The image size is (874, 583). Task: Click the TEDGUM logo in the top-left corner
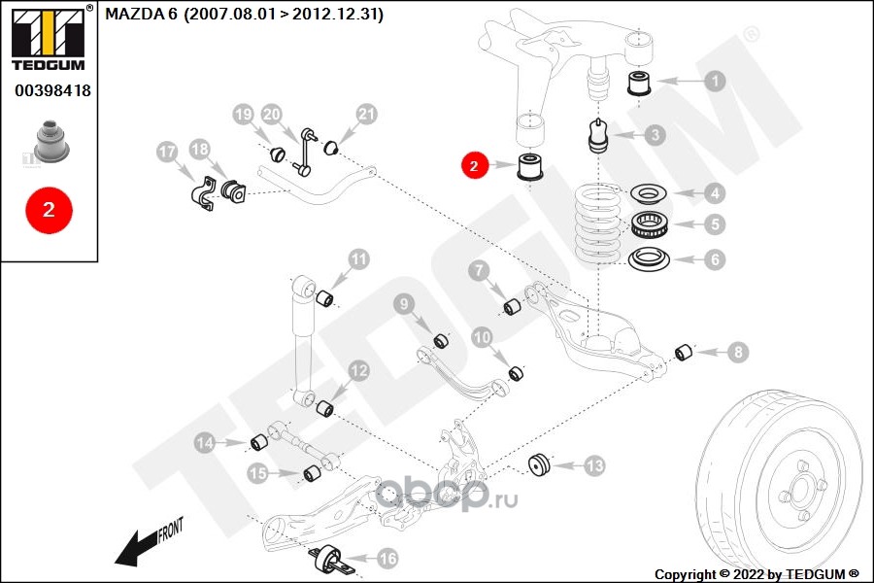click(49, 38)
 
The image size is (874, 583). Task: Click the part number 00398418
click(53, 90)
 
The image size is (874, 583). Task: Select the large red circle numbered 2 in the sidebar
click(50, 210)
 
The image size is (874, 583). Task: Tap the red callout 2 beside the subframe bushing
click(474, 165)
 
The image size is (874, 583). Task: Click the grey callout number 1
click(715, 81)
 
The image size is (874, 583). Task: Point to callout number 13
click(594, 465)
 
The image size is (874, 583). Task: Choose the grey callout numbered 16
click(387, 558)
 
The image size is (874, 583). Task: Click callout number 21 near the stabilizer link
click(366, 115)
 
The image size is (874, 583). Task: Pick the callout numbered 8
click(738, 352)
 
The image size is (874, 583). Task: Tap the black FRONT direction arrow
click(138, 547)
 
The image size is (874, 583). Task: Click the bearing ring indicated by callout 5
click(649, 224)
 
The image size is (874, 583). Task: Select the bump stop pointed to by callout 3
click(598, 136)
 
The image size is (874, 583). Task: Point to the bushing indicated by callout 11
click(324, 297)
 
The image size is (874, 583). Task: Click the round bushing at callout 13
click(539, 465)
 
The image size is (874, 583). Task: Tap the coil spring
click(596, 223)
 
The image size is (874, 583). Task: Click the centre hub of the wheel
click(799, 492)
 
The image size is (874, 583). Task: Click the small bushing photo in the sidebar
click(51, 141)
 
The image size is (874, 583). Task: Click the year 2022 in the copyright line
click(749, 574)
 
